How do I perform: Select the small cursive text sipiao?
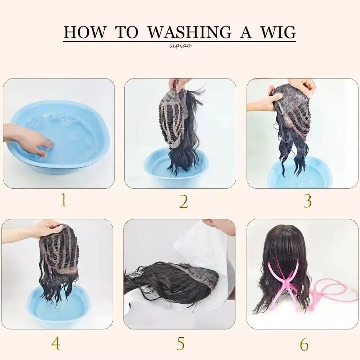(180, 46)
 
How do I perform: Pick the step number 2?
(183, 202)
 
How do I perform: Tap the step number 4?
(56, 343)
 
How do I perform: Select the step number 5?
(180, 343)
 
